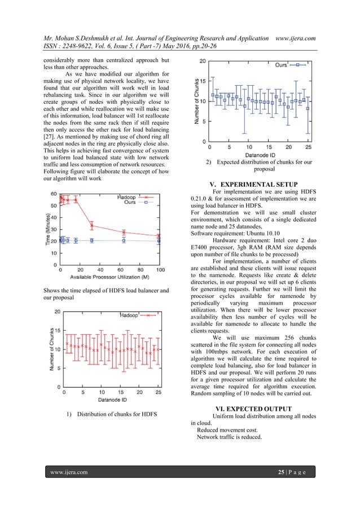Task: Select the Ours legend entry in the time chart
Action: click(x=130, y=202)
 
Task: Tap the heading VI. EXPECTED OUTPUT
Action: click(x=253, y=408)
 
